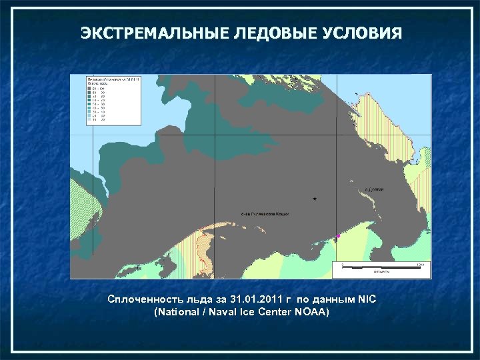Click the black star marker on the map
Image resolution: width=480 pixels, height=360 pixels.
click(315, 199)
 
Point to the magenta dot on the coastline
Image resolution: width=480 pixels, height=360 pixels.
click(338, 235)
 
